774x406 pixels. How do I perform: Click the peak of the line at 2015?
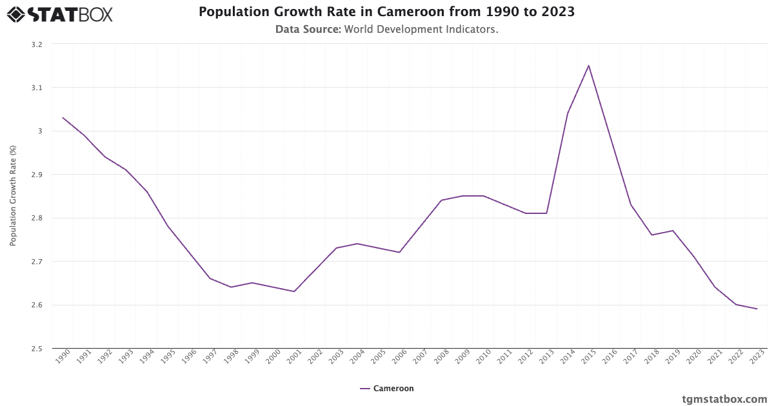[588, 66]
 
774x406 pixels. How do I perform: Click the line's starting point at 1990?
[63, 118]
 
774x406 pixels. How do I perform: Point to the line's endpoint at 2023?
[757, 309]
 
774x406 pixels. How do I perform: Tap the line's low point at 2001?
[294, 291]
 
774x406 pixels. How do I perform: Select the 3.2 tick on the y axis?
[36, 44]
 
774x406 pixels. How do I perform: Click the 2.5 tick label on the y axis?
[36, 349]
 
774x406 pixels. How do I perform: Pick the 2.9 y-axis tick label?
[36, 175]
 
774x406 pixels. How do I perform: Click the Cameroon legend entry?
[387, 389]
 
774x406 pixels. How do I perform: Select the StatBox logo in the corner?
[60, 14]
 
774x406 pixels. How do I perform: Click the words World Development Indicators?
[421, 29]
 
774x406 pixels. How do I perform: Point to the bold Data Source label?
[308, 29]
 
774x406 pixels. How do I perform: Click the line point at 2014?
[568, 113]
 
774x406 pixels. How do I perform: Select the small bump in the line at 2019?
[673, 231]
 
